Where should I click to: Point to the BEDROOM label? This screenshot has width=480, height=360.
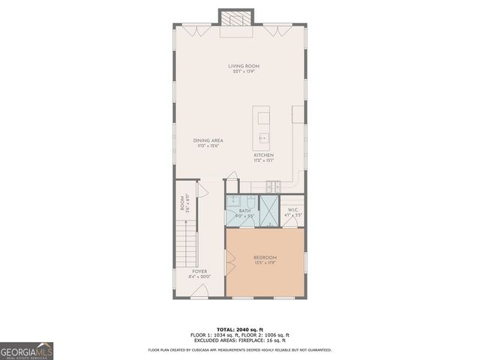(265, 257)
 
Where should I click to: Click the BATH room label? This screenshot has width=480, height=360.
(244, 211)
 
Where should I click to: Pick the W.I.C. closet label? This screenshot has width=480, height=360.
(292, 210)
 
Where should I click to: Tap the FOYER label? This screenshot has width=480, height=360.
(199, 271)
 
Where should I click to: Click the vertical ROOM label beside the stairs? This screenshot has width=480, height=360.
(181, 202)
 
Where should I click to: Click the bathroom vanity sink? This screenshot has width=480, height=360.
(234, 201)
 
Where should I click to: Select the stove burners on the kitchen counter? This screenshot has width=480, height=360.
(275, 185)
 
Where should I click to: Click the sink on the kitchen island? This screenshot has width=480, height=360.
(263, 137)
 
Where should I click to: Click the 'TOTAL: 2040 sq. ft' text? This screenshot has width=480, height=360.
(239, 329)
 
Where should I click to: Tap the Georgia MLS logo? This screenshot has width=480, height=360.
(27, 350)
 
